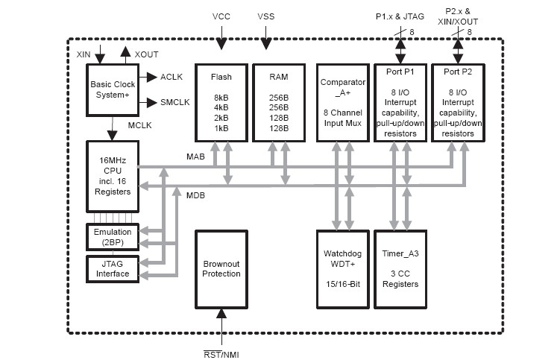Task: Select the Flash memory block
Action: pyautogui.click(x=221, y=102)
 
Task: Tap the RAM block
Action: pyautogui.click(x=278, y=102)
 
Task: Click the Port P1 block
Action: pyautogui.click(x=400, y=102)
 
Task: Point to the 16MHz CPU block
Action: pyautogui.click(x=112, y=176)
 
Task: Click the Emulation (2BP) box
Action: pyautogui.click(x=112, y=236)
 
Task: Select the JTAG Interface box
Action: pyautogui.click(x=112, y=268)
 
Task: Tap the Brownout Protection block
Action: pyautogui.click(x=221, y=269)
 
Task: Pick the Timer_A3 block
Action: pyautogui.click(x=400, y=269)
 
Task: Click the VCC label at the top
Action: pyautogui.click(x=221, y=16)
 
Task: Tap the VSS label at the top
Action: pyautogui.click(x=266, y=16)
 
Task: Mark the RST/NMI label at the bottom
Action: pyautogui.click(x=221, y=354)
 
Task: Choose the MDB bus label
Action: pyautogui.click(x=195, y=195)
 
